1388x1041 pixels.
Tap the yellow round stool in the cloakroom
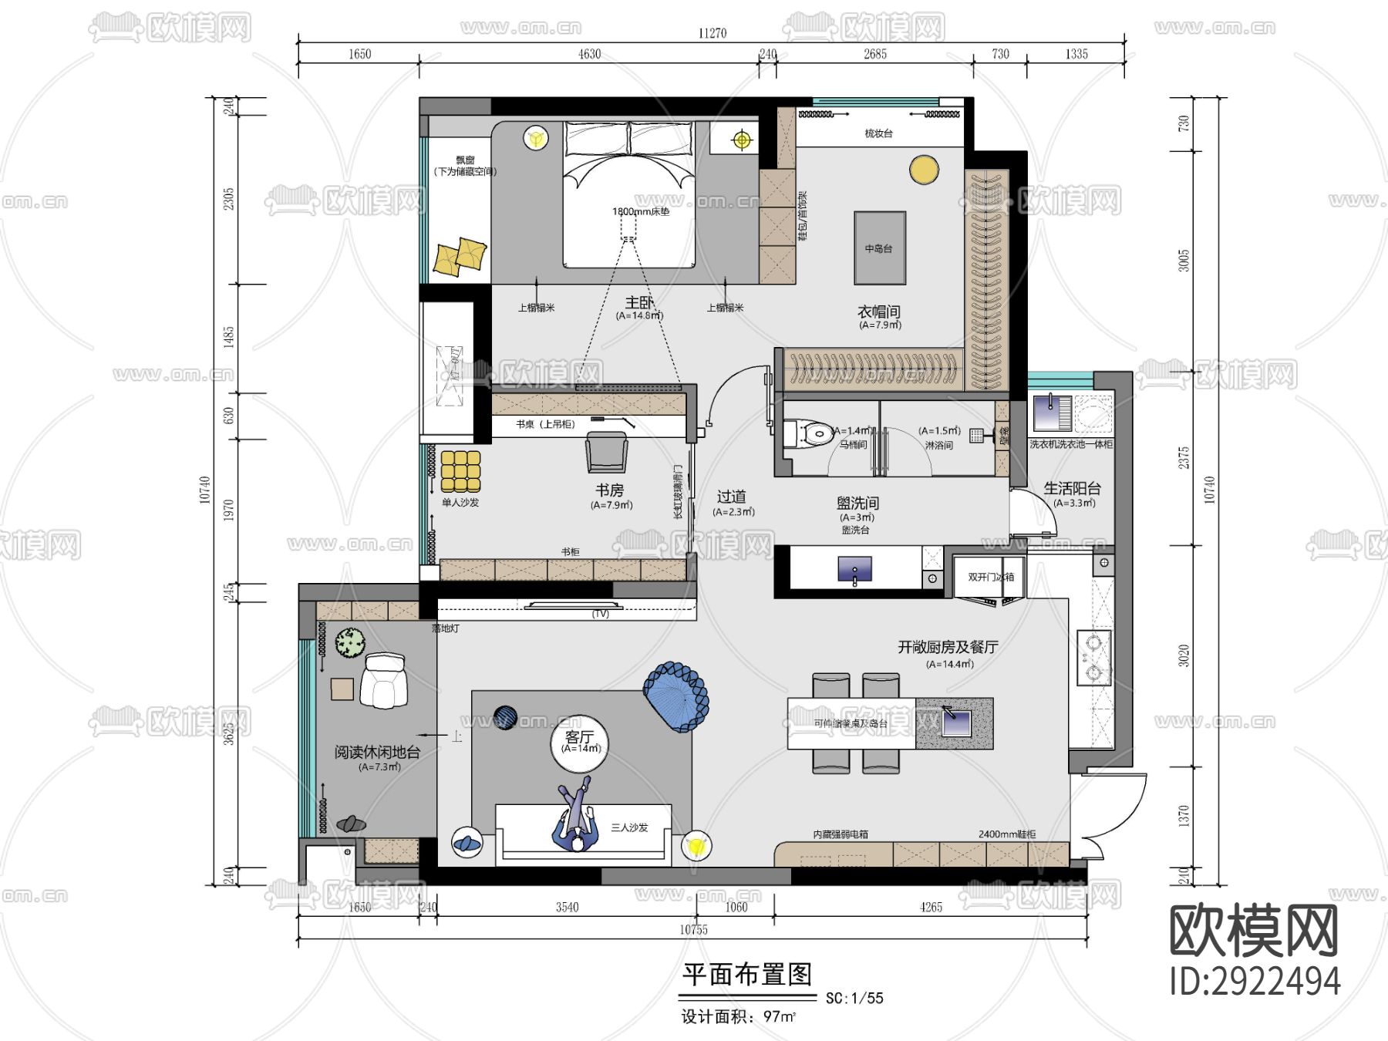coord(923,170)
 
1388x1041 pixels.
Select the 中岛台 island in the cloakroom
coord(879,248)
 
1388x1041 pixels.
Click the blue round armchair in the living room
coord(676,696)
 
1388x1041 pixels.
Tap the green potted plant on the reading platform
coord(350,643)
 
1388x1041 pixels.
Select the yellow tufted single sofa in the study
coord(460,471)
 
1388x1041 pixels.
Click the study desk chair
coord(607,452)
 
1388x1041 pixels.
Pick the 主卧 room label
coord(638,303)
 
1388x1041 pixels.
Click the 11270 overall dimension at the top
coord(712,33)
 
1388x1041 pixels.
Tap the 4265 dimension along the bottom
coord(931,907)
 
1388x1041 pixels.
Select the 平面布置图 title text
coord(746,975)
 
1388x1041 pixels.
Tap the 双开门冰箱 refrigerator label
coord(991,577)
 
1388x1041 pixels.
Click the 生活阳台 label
coord(1072,488)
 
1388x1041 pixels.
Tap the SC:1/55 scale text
coord(854,998)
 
